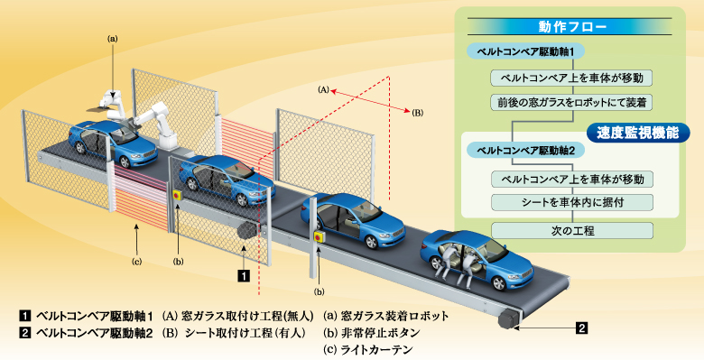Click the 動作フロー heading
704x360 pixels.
568,27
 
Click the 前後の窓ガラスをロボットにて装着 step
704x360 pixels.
571,101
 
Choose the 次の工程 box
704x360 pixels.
571,229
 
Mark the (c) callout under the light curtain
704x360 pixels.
136,262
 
